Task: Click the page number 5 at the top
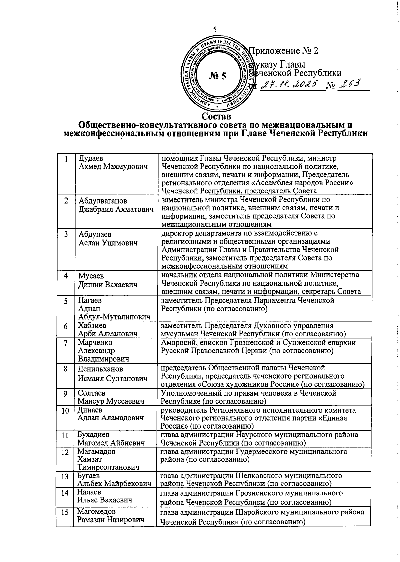[215, 30]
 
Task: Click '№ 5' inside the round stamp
[218, 76]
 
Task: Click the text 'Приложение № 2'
[284, 51]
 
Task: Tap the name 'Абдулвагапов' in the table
[103, 201]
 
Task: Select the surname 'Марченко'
[95, 343]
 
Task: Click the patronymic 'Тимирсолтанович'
[108, 467]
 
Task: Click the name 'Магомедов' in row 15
[96, 511]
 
